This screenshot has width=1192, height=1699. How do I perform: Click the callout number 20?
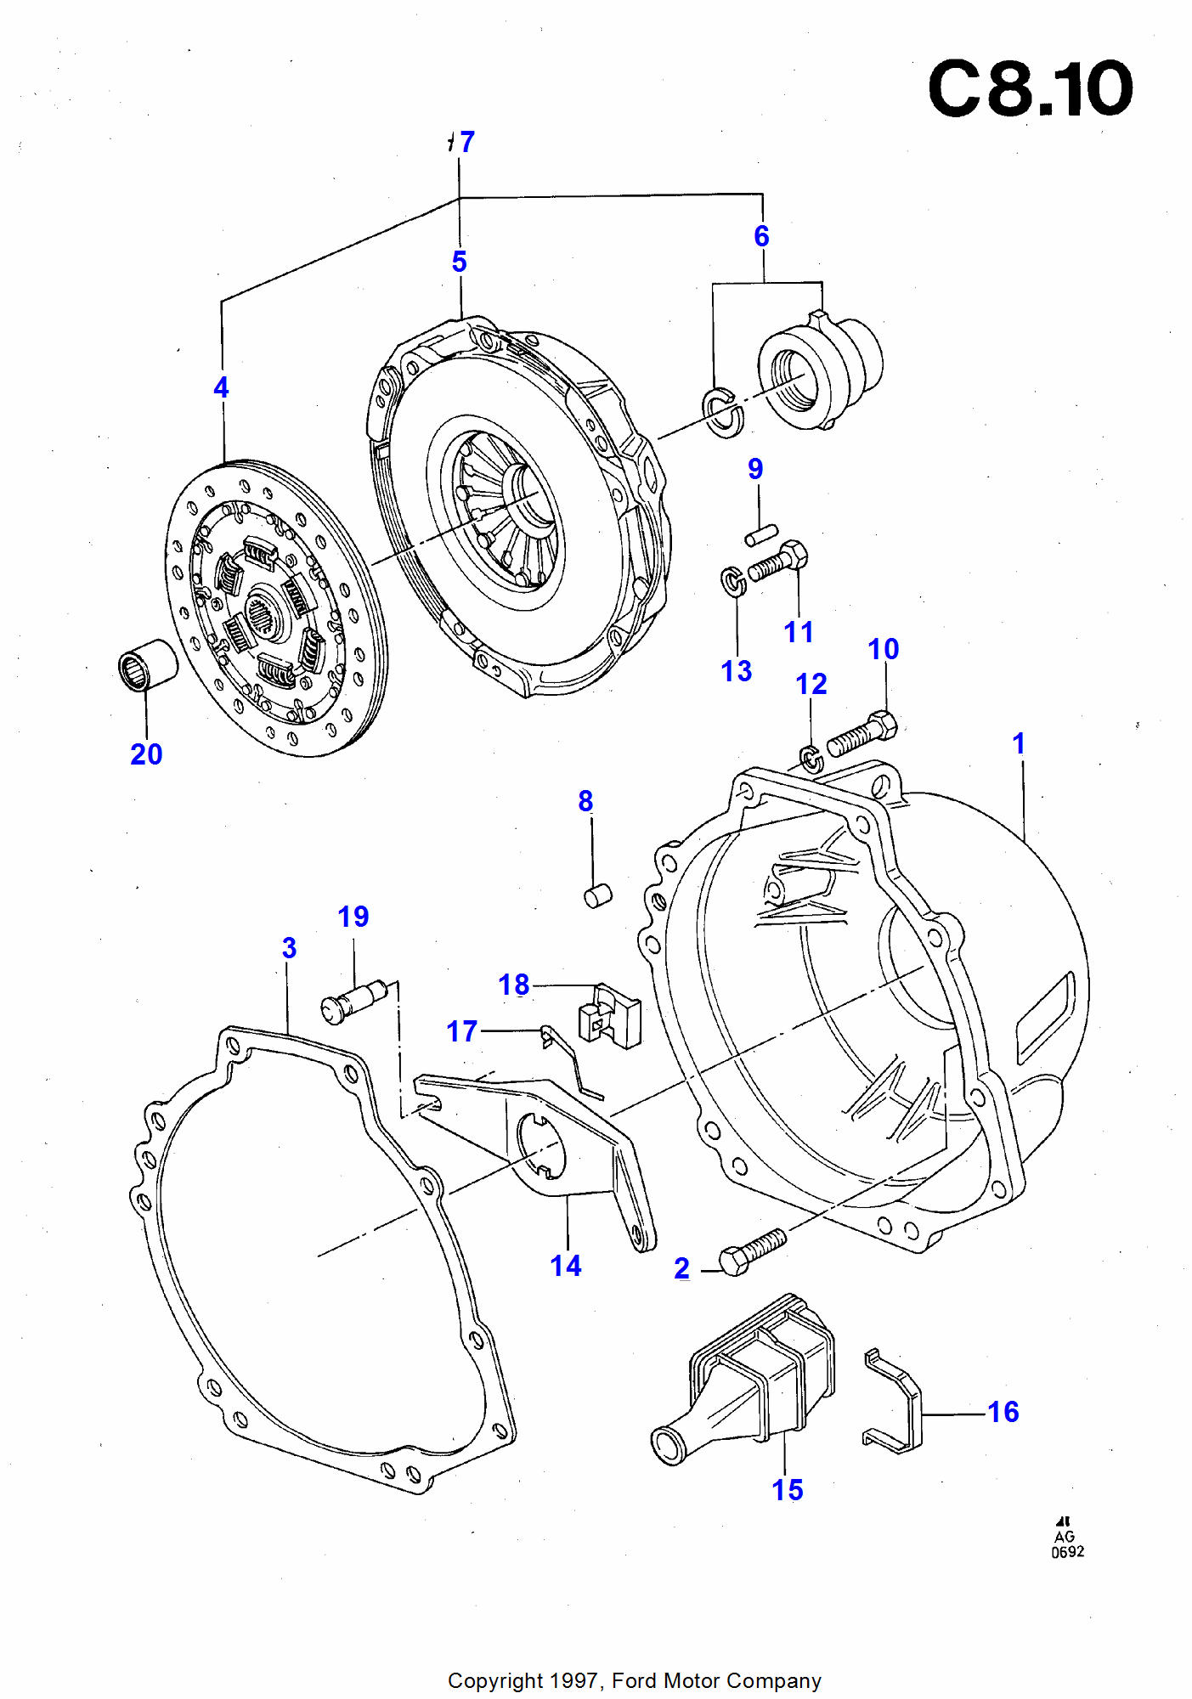[146, 754]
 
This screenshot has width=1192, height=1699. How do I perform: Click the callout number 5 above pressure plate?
[460, 262]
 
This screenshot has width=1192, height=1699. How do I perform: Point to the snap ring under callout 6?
[723, 411]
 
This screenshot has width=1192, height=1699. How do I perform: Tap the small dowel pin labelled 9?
[761, 535]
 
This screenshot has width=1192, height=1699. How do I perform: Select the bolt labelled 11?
[778, 562]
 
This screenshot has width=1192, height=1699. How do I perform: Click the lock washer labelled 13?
[733, 581]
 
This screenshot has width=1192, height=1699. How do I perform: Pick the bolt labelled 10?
[862, 734]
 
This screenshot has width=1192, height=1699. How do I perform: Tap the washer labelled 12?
[811, 758]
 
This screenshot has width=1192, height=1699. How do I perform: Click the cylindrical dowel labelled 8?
[598, 895]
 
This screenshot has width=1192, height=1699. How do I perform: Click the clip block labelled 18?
[609, 1017]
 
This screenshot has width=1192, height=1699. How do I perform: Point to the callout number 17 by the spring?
[462, 1031]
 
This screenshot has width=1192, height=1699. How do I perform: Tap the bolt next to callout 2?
[752, 1251]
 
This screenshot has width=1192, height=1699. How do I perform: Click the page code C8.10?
[1030, 88]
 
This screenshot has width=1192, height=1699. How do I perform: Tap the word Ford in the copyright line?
[635, 1681]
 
